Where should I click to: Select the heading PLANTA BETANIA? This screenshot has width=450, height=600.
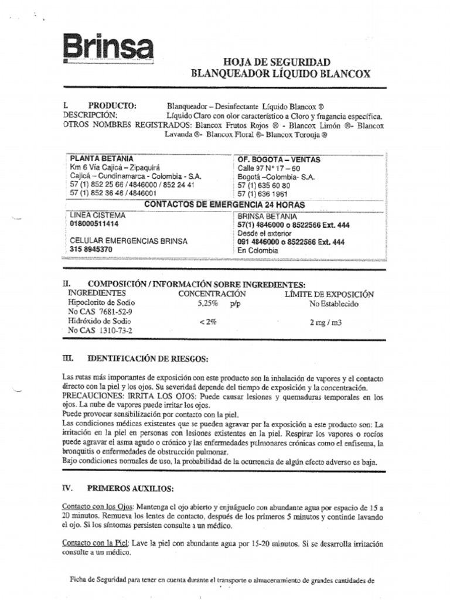(101, 159)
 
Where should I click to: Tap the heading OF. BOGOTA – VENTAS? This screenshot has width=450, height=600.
(278, 159)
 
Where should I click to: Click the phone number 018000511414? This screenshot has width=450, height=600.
(94, 224)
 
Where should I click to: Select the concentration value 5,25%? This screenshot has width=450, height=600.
(207, 304)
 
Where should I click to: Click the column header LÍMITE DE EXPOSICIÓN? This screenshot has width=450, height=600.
(329, 294)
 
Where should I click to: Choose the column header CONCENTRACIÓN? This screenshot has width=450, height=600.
(212, 294)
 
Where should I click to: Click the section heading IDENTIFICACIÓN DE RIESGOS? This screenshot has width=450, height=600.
(148, 358)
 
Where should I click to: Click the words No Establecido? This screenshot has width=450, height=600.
(334, 304)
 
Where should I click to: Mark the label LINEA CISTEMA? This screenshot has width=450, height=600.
(98, 215)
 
